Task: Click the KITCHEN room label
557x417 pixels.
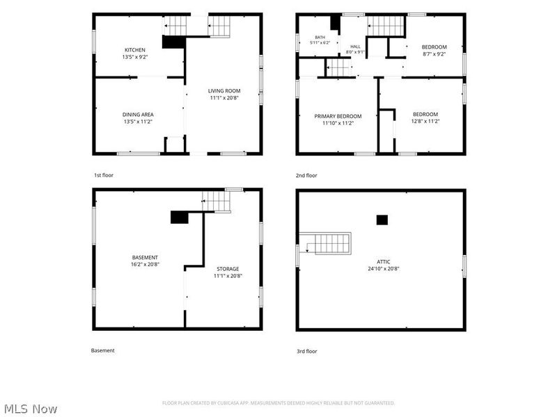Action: (135, 50)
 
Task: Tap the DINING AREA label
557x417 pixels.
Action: (138, 115)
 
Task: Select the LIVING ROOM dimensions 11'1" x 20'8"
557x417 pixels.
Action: (224, 98)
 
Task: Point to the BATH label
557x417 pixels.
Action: (320, 38)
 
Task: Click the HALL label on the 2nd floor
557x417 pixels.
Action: (355, 47)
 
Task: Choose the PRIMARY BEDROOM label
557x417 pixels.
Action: (338, 116)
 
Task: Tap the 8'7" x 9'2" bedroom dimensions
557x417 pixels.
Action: (434, 54)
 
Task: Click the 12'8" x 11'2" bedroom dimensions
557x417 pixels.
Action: (425, 121)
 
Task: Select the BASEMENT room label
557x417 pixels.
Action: (145, 257)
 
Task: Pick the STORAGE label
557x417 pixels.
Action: (228, 269)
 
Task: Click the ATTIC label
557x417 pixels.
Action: (384, 262)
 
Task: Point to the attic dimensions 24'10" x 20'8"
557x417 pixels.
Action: (384, 269)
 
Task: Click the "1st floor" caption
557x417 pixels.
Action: (104, 175)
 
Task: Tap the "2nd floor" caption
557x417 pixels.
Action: (306, 176)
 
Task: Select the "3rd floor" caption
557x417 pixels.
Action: (307, 352)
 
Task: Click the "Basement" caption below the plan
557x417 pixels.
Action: (102, 350)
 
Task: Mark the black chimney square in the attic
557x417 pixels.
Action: (382, 220)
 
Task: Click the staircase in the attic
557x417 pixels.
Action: (325, 243)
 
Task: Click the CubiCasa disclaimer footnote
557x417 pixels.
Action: (278, 403)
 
